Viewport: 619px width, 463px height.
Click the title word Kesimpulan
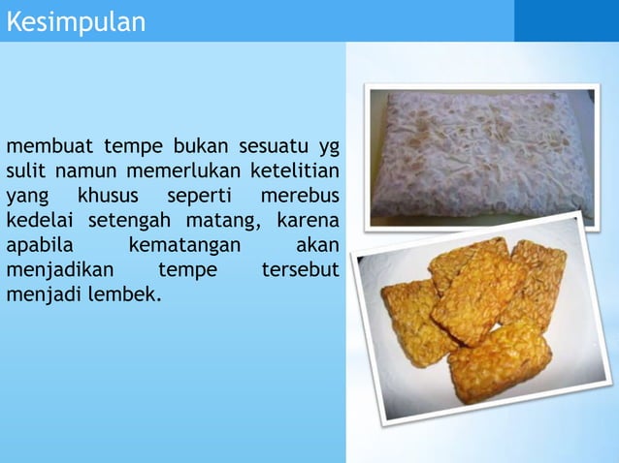76,21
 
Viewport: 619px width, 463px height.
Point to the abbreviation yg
329,148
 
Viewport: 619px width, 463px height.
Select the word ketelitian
295,171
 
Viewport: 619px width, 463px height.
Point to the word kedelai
39,221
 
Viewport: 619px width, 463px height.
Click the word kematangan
184,246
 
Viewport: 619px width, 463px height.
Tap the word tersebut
301,270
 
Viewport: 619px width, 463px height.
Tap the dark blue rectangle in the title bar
566,20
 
